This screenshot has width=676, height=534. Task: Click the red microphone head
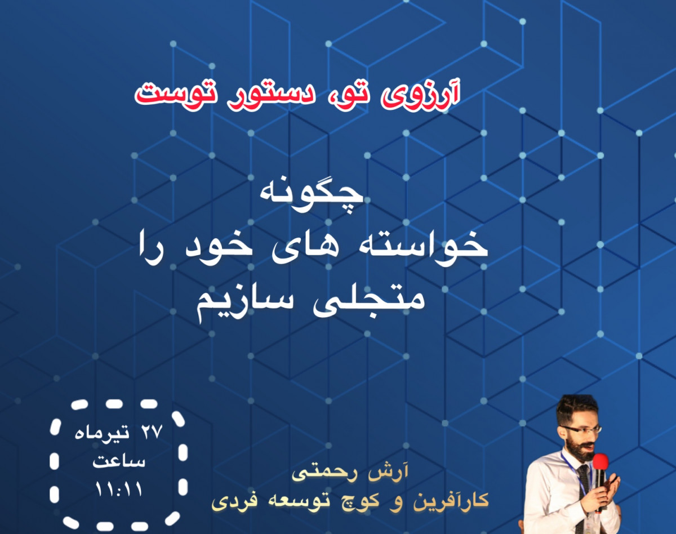(x=601, y=462)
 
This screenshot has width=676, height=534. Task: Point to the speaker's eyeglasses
(x=580, y=430)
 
